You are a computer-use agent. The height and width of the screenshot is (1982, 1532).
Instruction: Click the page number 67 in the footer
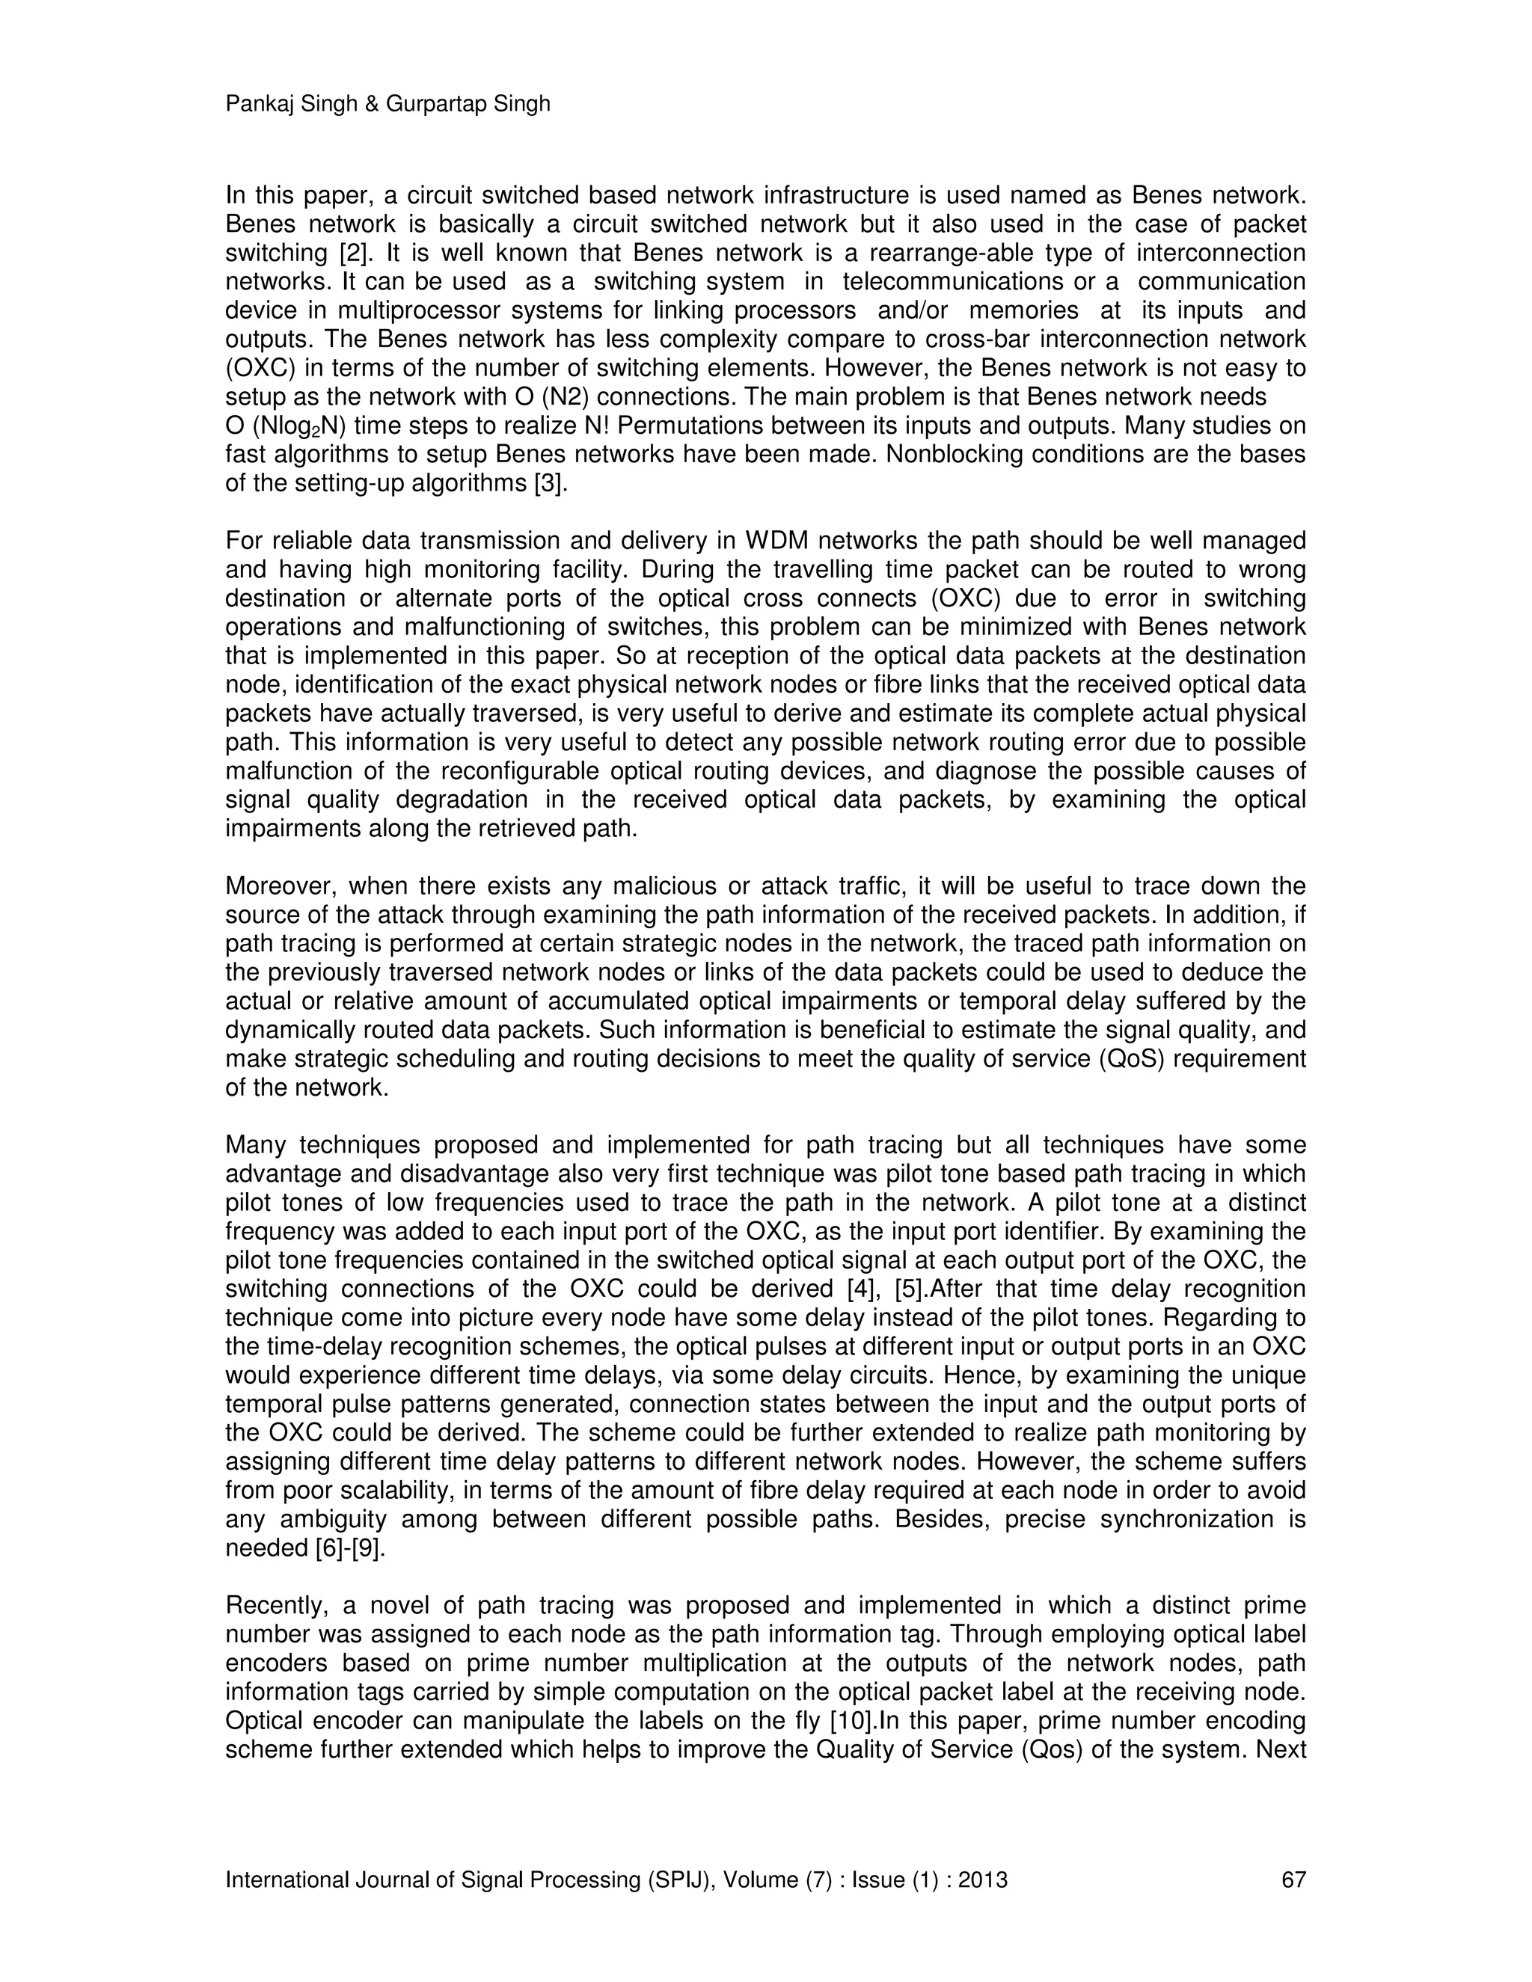(1293, 1879)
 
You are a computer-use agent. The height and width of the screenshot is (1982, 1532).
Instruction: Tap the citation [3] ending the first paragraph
(550, 484)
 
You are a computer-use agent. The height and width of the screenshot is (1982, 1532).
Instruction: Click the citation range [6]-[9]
(350, 1548)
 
